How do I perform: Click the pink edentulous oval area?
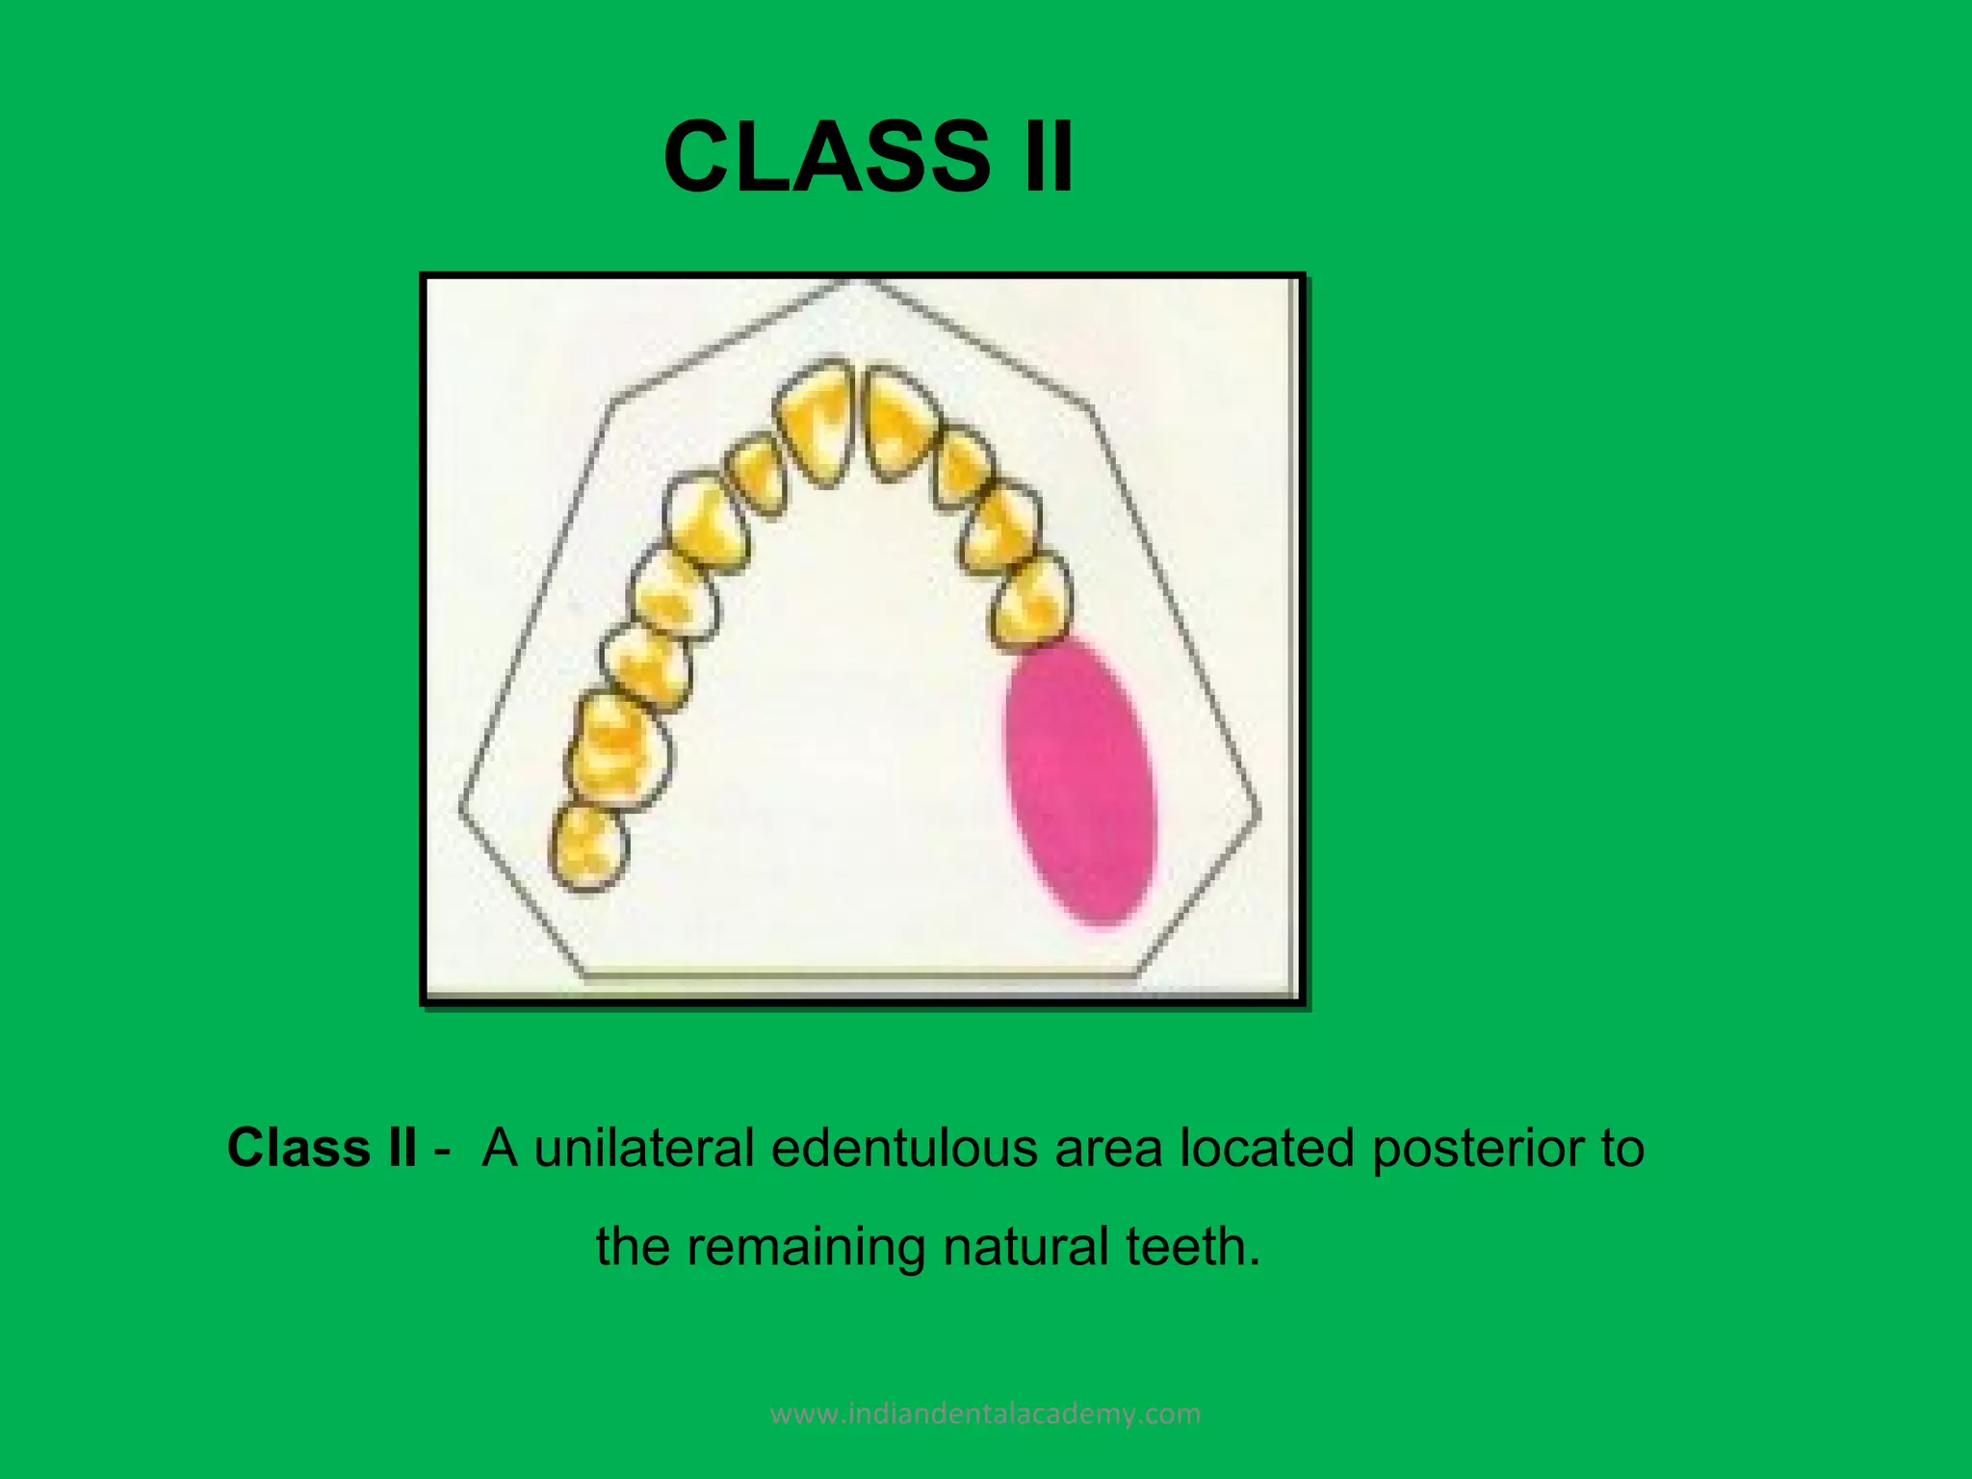pos(1078,782)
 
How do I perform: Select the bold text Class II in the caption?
pos(322,1148)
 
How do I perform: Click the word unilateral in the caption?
pos(643,1148)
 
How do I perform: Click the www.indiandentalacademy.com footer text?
pos(986,1414)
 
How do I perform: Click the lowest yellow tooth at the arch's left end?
pos(588,847)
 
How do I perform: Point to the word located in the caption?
pos(1266,1148)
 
